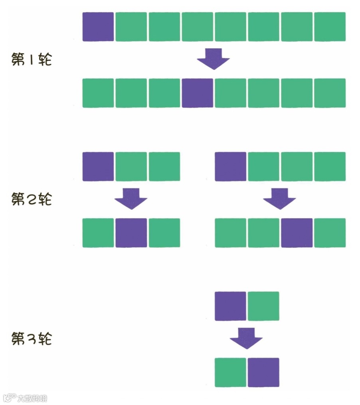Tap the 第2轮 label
(x=31, y=199)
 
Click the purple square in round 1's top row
(x=98, y=27)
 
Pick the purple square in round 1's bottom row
(x=198, y=93)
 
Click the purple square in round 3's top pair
(x=230, y=306)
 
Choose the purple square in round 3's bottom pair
(x=263, y=372)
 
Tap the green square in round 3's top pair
(x=263, y=306)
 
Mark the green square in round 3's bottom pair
(x=230, y=372)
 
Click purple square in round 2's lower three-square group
(x=131, y=233)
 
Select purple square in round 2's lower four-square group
(x=297, y=233)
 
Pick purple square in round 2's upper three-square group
(x=98, y=166)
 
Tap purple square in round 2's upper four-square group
(x=230, y=166)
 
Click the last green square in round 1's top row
(x=330, y=27)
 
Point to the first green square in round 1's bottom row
(x=98, y=93)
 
